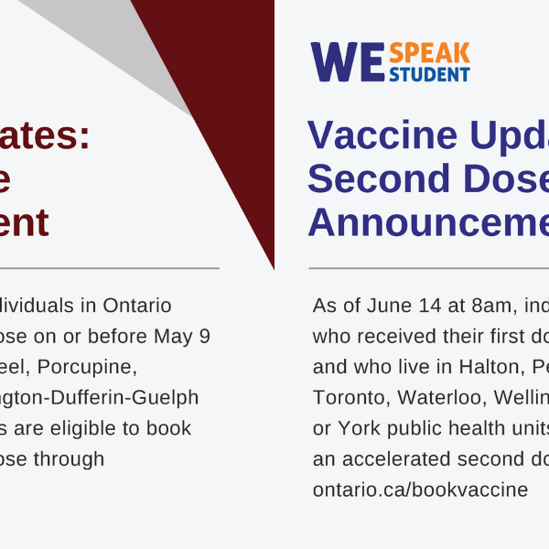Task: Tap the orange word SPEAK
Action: (429, 53)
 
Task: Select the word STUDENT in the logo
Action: (429, 74)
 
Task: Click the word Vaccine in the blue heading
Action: (370, 135)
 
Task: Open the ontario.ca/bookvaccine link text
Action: (420, 490)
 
